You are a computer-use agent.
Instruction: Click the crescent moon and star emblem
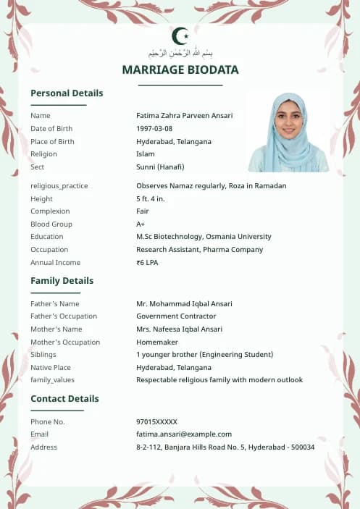click(x=180, y=35)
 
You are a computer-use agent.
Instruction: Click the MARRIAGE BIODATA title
click(x=180, y=70)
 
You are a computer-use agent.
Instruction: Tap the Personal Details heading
click(x=67, y=93)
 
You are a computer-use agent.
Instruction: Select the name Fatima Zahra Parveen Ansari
click(x=184, y=116)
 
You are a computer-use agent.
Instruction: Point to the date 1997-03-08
click(x=154, y=129)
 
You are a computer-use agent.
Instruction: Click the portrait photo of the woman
click(x=288, y=132)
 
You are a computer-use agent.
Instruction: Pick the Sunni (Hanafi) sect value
click(x=160, y=167)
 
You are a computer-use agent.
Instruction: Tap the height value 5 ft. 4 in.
click(x=151, y=199)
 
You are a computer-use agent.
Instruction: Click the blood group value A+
click(x=141, y=224)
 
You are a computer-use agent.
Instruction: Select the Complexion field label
click(x=50, y=211)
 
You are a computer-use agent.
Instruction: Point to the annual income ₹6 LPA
click(x=147, y=263)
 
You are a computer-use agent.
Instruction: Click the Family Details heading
click(x=62, y=281)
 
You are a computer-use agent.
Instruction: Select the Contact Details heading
click(x=64, y=399)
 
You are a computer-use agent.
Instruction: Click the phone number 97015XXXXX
click(x=156, y=422)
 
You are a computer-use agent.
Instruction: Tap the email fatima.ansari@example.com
click(x=183, y=434)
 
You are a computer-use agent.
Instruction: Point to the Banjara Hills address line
click(x=225, y=447)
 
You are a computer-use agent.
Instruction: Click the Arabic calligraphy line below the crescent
click(x=180, y=54)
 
